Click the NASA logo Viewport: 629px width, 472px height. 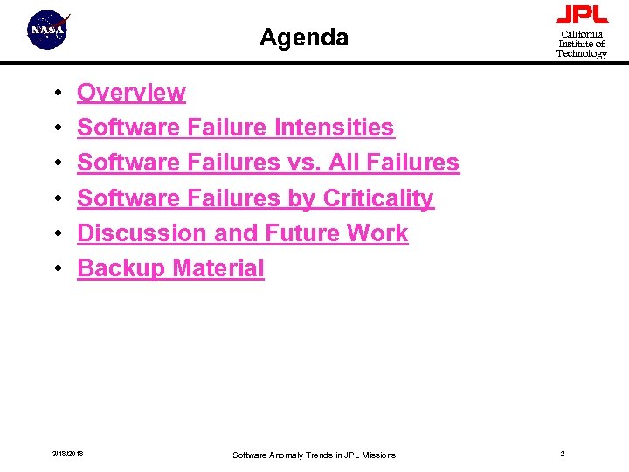(x=49, y=31)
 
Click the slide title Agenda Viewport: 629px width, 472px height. (x=304, y=38)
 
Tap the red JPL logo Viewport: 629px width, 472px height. (x=582, y=15)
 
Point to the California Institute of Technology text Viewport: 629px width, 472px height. (x=582, y=44)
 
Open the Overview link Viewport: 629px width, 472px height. (x=131, y=93)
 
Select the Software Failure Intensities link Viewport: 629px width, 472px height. (x=235, y=128)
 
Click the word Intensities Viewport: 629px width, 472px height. (x=334, y=128)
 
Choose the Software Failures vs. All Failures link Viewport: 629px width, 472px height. (x=267, y=163)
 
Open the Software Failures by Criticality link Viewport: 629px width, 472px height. (x=255, y=198)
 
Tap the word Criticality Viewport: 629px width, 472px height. (x=378, y=198)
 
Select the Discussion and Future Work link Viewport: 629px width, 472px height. (x=242, y=233)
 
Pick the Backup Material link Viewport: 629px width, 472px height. (x=170, y=268)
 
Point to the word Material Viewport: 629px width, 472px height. (x=218, y=268)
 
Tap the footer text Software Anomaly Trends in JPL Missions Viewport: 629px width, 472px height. (x=314, y=455)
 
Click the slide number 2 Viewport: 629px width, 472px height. (x=563, y=454)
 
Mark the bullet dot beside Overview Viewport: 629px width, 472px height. (x=56, y=94)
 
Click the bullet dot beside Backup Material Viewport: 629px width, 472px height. (x=56, y=269)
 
